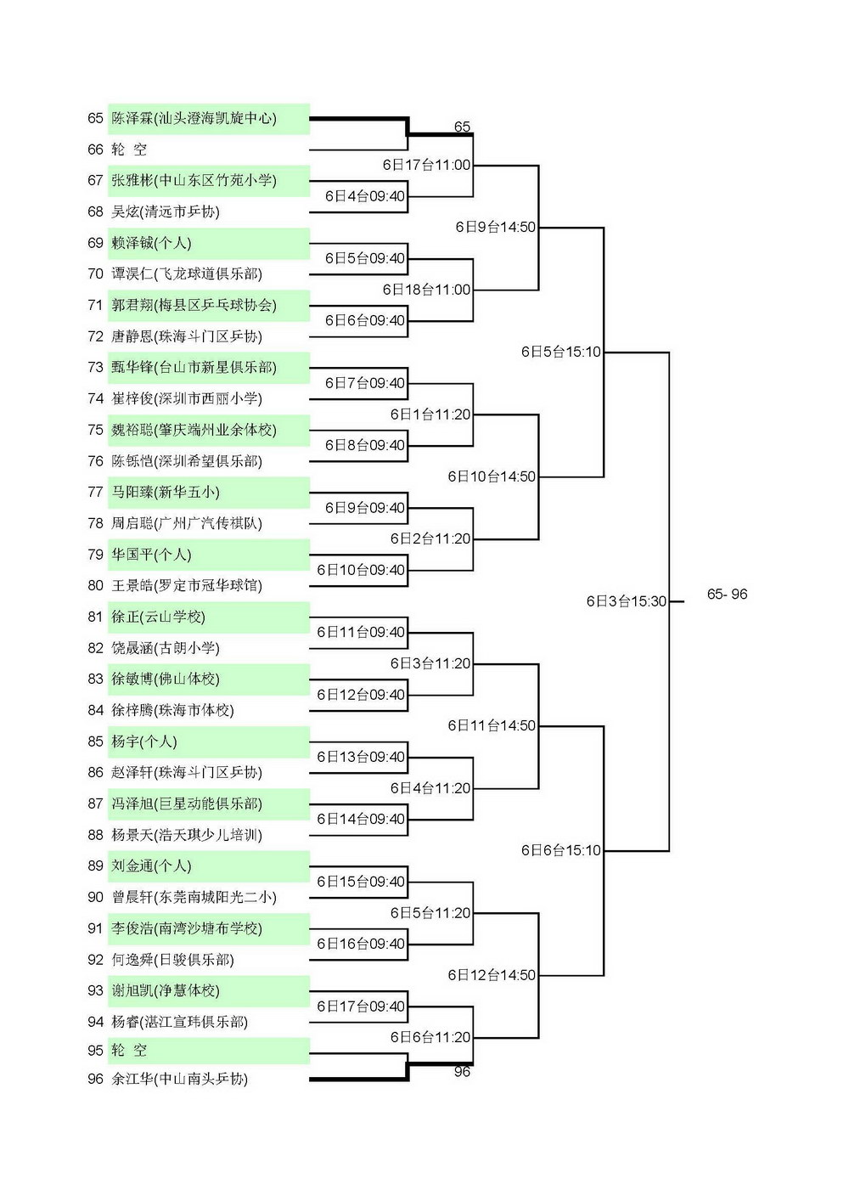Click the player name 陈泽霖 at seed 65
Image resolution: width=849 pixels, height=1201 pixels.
coord(132,118)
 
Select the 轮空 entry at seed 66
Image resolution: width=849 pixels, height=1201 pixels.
coord(129,149)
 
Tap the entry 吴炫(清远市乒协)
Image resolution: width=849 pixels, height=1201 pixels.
coord(165,211)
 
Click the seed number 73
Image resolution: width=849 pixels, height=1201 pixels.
coord(95,367)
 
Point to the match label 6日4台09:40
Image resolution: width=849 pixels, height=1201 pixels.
coord(365,196)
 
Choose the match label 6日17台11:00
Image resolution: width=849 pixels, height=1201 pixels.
coord(427,165)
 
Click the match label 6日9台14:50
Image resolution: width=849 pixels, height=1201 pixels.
coord(496,227)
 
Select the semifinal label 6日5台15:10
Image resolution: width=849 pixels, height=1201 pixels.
coord(561,352)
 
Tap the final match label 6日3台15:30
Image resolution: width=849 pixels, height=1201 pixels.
coord(626,601)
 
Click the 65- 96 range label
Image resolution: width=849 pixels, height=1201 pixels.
coord(727,594)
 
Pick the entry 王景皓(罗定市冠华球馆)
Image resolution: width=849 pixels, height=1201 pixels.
coord(187,585)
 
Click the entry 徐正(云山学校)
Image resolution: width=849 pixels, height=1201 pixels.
coord(158,617)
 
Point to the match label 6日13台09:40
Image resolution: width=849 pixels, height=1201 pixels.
coord(361,757)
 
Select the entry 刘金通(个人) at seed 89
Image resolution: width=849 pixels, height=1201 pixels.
coord(151,866)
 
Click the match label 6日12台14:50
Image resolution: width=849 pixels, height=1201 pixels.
coord(492,975)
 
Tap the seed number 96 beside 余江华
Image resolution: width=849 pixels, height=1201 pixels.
coord(95,1078)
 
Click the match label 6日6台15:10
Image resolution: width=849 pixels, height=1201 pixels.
coord(561,850)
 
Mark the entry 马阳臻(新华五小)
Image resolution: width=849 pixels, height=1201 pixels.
coord(165,492)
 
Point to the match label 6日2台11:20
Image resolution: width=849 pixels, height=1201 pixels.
coord(430,538)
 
